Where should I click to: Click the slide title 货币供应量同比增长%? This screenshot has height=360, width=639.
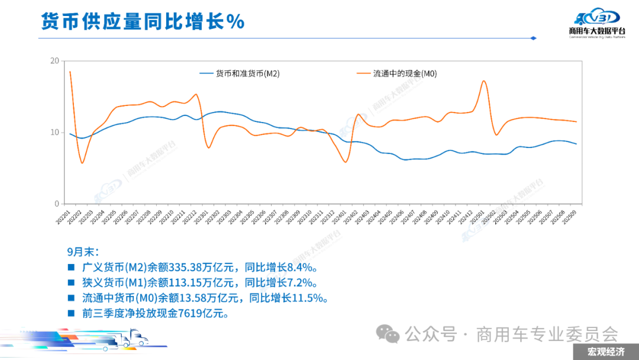point(143,22)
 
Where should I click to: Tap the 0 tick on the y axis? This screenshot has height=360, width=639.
point(57,204)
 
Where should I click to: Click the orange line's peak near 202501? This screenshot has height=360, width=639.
point(484,81)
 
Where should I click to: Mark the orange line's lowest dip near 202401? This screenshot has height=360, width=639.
point(346,162)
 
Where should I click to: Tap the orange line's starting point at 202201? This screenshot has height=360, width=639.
point(70,72)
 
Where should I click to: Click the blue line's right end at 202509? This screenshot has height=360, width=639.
point(576,144)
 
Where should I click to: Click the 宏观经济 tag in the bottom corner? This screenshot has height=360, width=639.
point(605,352)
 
